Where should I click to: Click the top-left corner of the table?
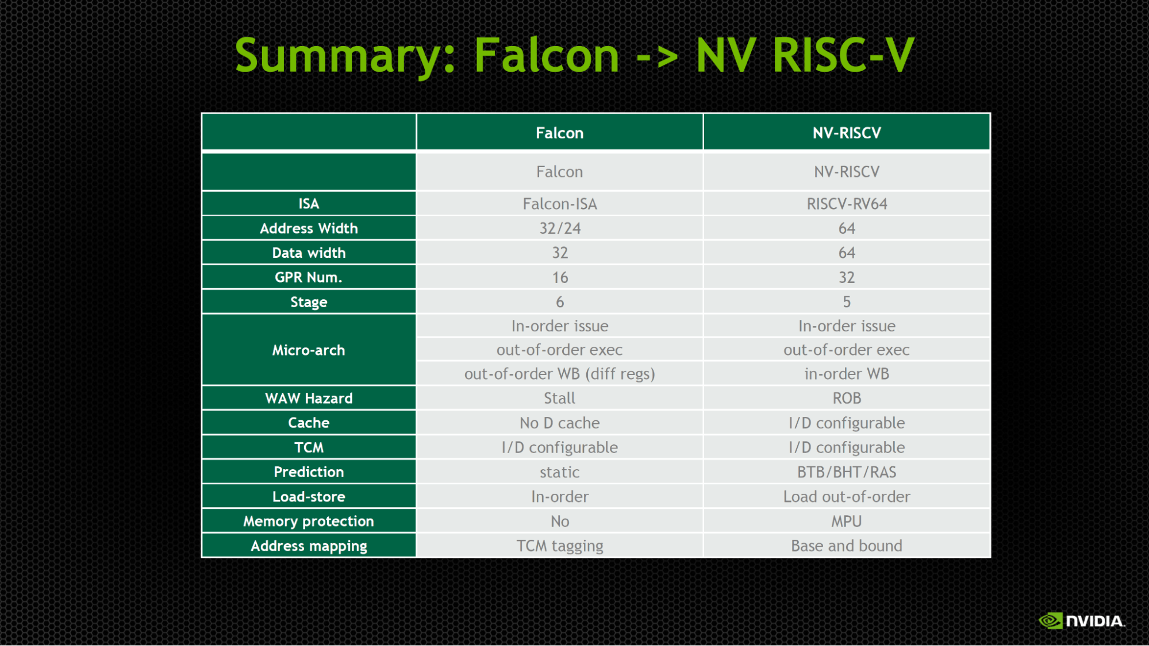[x=201, y=113]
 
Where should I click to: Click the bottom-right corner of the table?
[x=991, y=558]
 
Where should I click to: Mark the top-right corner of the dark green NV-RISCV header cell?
[x=990, y=114]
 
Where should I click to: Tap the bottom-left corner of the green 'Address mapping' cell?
[x=202, y=556]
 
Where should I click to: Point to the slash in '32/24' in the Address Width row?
[x=560, y=229]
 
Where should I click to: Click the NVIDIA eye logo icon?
[x=1051, y=621]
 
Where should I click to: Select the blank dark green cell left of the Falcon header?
[x=309, y=132]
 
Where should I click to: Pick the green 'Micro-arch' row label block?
[x=309, y=350]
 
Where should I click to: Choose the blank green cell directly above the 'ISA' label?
[x=309, y=172]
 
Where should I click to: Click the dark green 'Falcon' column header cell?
[x=560, y=132]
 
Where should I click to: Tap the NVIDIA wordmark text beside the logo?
[x=1096, y=621]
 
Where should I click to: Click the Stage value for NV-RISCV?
[x=847, y=302]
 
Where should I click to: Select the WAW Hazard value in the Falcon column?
[x=560, y=398]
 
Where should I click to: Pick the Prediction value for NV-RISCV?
[x=847, y=472]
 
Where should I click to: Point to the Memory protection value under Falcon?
[x=560, y=521]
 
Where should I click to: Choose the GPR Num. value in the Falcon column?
[x=560, y=278]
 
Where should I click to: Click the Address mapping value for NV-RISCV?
[x=847, y=546]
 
